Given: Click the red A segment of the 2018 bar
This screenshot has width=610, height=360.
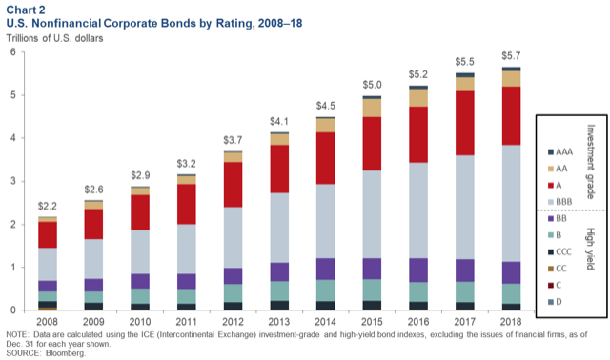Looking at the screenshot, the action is (511, 116).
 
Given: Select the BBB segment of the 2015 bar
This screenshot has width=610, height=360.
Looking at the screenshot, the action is (372, 214).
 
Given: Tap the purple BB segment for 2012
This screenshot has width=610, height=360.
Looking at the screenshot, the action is (233, 276).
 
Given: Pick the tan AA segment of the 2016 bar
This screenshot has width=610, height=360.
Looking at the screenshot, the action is (418, 98).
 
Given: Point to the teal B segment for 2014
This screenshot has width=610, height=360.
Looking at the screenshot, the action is (326, 290).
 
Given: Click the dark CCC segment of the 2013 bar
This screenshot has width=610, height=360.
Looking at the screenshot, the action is (279, 305).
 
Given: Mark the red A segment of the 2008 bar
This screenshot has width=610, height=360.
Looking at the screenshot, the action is (48, 235).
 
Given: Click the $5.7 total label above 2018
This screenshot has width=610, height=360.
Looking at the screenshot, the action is (511, 56).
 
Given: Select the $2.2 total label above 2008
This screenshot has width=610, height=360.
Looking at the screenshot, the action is (48, 206).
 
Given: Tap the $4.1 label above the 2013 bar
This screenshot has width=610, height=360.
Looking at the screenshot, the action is (279, 121).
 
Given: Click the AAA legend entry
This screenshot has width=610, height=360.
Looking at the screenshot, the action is (560, 152).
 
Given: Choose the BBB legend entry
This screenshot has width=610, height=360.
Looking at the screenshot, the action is (560, 202).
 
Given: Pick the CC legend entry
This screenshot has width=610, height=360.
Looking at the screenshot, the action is (558, 269).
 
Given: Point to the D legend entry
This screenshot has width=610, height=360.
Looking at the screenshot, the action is (555, 302).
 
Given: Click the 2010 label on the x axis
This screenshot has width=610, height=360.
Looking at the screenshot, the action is (140, 322).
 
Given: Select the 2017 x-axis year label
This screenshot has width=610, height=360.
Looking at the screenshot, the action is (465, 322).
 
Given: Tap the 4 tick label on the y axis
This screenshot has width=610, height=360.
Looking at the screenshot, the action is (13, 138).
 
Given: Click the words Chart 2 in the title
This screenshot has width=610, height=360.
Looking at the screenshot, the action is (26, 10).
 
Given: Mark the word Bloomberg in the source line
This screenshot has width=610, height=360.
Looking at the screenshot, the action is (66, 353).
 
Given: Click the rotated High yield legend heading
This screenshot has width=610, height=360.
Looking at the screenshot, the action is (590, 249).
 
